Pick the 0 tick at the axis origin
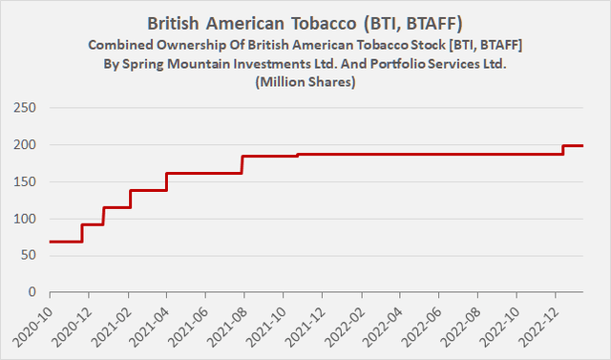coord(34,292)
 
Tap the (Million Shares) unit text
coord(305,82)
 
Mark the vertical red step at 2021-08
coord(242,164)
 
